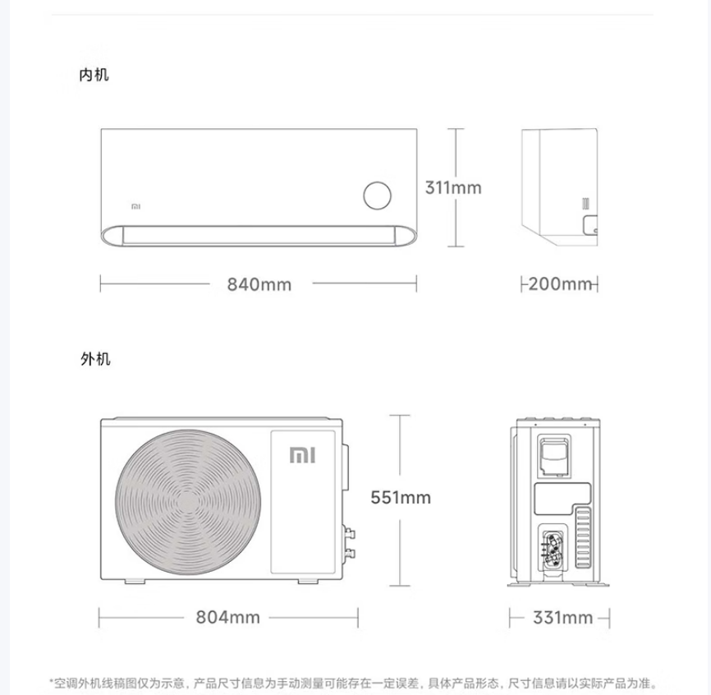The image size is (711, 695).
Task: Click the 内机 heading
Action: point(94,75)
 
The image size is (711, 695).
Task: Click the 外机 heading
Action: point(95,359)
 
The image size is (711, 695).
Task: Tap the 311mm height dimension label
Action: point(453,187)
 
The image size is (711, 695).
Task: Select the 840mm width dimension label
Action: point(259,284)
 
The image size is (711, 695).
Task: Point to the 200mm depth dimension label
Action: point(561,284)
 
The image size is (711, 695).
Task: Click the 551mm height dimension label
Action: point(401,498)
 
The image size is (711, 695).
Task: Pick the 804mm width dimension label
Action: point(227,618)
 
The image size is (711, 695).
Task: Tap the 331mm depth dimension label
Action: point(562,618)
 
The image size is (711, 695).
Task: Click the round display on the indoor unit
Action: point(378,196)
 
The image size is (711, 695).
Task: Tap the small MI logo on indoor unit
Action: point(135,206)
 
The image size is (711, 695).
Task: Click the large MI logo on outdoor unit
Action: point(302,455)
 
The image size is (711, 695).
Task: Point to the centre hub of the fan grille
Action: point(187,503)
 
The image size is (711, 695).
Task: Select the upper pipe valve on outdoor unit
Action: point(349,533)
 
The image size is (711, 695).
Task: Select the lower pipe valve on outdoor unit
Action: point(349,553)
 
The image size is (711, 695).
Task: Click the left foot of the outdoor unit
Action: point(135,581)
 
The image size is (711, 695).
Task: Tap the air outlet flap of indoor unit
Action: point(259,236)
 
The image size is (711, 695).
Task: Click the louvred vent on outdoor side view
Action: point(583,538)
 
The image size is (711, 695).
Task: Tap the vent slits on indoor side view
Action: point(586,203)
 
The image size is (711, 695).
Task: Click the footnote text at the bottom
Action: point(355,683)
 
